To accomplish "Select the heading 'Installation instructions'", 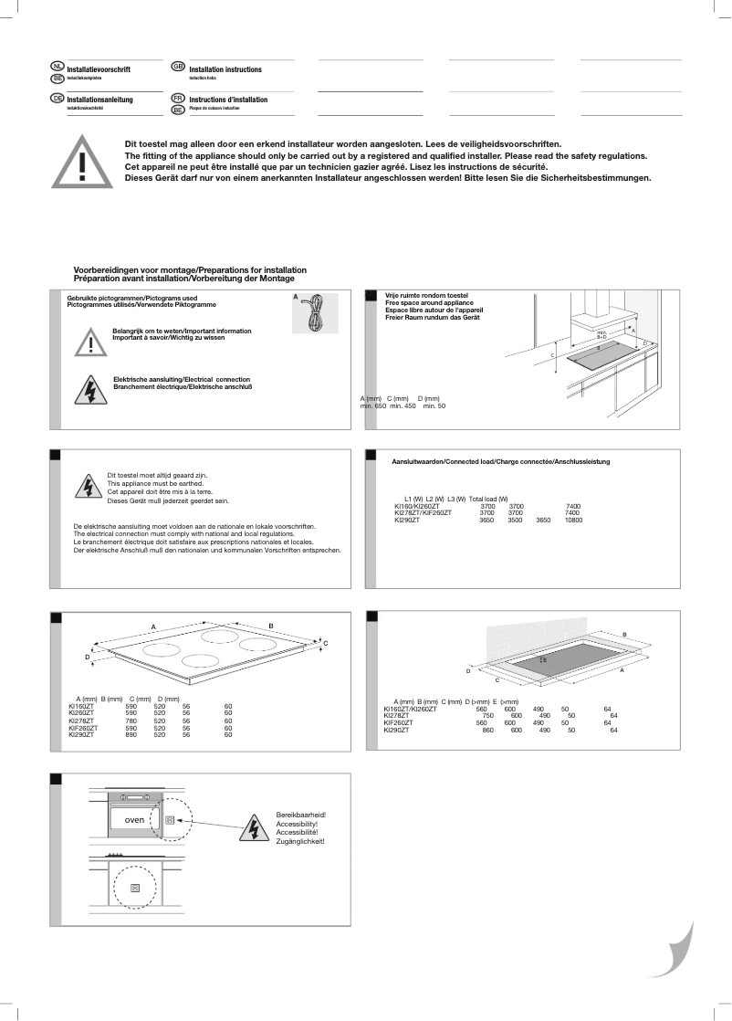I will (225, 69).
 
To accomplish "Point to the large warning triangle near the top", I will (83, 161).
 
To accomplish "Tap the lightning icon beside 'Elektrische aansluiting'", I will (91, 388).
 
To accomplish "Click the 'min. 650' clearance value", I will (373, 405).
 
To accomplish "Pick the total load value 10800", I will (573, 520).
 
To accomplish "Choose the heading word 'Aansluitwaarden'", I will (415, 462).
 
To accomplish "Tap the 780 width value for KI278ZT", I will (130, 721).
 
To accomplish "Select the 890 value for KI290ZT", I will (130, 734).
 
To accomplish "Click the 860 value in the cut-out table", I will (487, 730).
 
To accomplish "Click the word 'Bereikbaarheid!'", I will (300, 814).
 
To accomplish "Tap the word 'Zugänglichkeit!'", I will (300, 841).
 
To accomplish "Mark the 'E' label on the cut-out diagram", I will (545, 658).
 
